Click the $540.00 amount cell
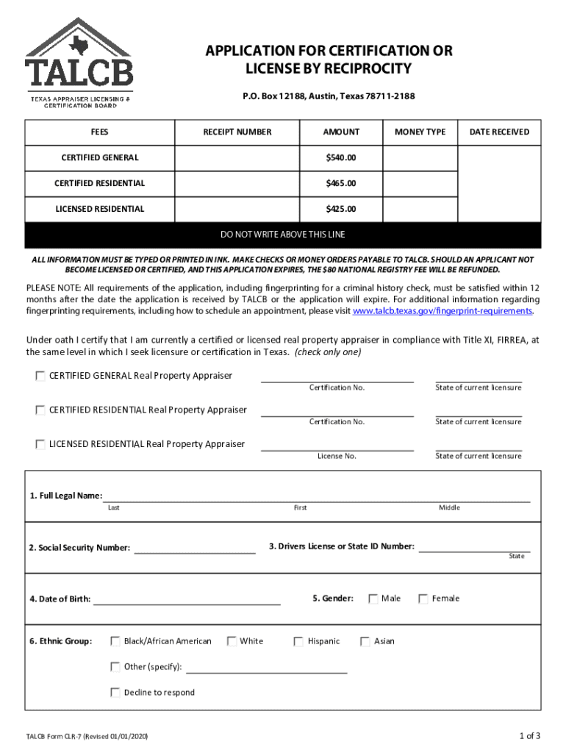341,157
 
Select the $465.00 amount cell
341,183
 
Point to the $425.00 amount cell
341,209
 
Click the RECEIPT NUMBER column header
237,132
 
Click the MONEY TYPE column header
420,132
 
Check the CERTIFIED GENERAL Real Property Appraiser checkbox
40,376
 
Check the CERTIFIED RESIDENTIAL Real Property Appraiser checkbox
40,410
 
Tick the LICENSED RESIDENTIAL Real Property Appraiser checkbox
40,444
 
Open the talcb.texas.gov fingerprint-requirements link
443,311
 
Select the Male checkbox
373,599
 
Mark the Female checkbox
423,599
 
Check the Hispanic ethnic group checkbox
298,641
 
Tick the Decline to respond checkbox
115,693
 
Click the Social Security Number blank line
195,549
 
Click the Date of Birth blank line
187,599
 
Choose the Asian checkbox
365,641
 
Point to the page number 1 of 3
529,736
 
